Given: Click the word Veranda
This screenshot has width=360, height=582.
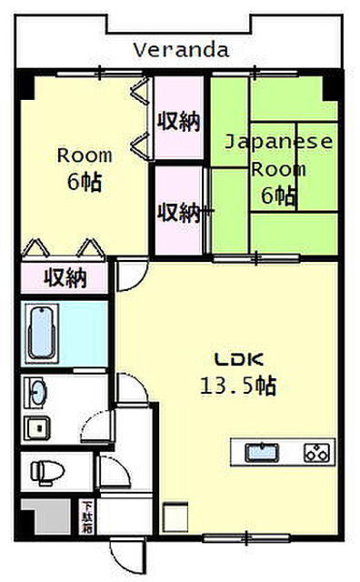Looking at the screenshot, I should tap(181, 49).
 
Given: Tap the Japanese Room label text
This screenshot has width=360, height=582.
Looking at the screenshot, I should tap(278, 156).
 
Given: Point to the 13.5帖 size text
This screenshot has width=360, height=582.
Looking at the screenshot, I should tap(239, 385).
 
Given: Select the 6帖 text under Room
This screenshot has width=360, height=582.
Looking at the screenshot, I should tap(84, 181).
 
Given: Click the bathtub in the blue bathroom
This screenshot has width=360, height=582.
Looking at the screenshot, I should tap(43, 334).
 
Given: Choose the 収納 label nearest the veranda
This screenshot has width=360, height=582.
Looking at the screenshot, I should tap(180, 120).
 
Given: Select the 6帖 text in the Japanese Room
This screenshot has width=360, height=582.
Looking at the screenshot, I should tap(278, 195).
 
